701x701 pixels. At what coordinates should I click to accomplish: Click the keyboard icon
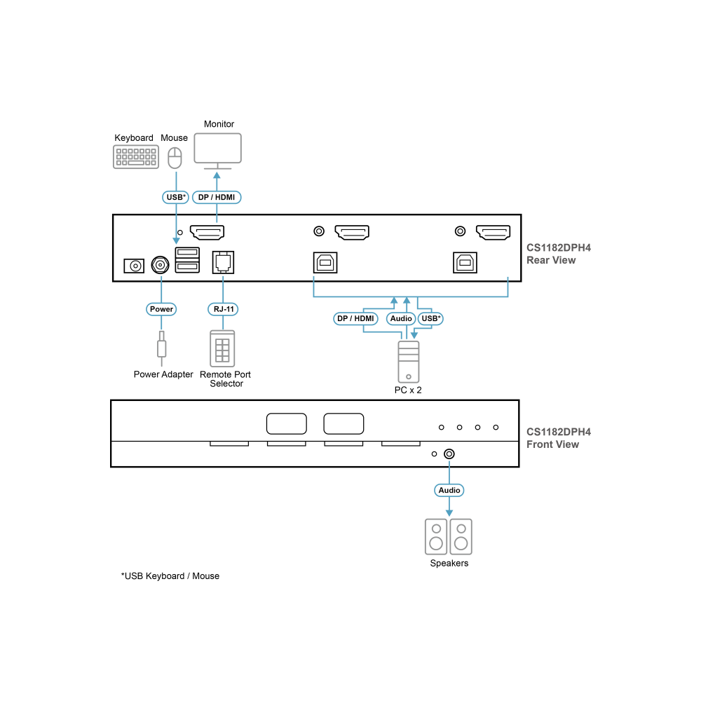tap(136, 157)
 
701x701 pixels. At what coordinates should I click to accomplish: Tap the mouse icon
tap(175, 158)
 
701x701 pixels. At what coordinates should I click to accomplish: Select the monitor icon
tap(218, 151)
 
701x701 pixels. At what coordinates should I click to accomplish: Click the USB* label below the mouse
tap(176, 197)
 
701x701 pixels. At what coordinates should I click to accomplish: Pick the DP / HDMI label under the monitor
tap(217, 197)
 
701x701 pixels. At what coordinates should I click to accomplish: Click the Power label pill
tap(161, 309)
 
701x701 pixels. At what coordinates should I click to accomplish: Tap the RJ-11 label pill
tap(223, 309)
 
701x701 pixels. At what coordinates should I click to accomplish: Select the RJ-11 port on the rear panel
tap(223, 262)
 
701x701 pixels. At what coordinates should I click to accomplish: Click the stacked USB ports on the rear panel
tap(187, 260)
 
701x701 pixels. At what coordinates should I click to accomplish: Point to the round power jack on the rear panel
tap(160, 265)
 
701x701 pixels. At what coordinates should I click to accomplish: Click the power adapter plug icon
tap(161, 348)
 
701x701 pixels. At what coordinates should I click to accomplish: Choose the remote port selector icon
tap(223, 348)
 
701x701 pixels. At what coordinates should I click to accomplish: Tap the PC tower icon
tap(409, 362)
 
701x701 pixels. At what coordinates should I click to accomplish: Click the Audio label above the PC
tap(401, 318)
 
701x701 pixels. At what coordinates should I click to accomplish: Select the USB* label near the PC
tap(430, 318)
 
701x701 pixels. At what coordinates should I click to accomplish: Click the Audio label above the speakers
tap(449, 490)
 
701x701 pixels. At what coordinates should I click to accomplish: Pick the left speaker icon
tap(436, 536)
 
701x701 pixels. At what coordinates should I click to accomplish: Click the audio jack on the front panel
tap(449, 454)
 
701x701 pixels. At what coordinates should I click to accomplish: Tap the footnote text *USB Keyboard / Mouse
tap(170, 576)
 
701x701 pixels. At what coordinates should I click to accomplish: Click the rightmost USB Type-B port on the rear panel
tap(465, 262)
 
